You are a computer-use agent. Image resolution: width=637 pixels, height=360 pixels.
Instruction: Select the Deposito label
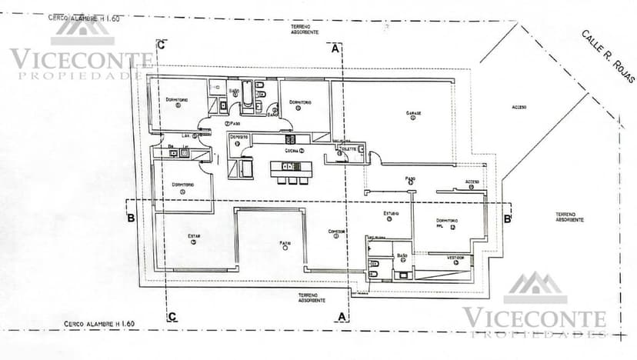tap(238, 137)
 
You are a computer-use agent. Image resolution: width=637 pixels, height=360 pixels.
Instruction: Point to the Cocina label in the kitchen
tap(292, 152)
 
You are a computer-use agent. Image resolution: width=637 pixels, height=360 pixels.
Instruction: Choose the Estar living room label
tap(194, 236)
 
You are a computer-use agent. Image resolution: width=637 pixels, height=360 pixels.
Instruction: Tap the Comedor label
tap(336, 231)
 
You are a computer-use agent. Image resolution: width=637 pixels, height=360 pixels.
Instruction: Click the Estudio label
tap(391, 213)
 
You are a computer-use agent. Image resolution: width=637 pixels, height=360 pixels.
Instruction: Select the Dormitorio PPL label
tap(449, 223)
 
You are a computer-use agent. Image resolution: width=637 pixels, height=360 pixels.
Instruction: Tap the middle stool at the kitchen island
tap(292, 181)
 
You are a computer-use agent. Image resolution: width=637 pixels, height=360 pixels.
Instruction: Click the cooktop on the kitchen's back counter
tap(291, 139)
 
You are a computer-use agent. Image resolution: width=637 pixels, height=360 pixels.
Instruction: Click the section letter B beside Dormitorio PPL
tap(507, 218)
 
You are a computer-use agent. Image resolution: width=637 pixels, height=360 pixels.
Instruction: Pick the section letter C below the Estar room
tap(172, 315)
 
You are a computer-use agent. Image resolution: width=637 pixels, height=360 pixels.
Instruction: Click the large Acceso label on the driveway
tap(519, 107)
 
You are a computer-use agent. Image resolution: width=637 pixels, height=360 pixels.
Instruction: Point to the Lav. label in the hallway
tap(186, 135)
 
